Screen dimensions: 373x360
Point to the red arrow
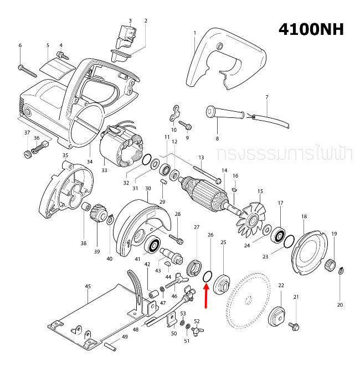coord(206,294)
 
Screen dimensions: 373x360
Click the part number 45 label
coord(88,287)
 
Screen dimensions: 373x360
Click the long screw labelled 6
coord(27,70)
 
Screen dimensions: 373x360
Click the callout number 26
coord(210,235)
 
